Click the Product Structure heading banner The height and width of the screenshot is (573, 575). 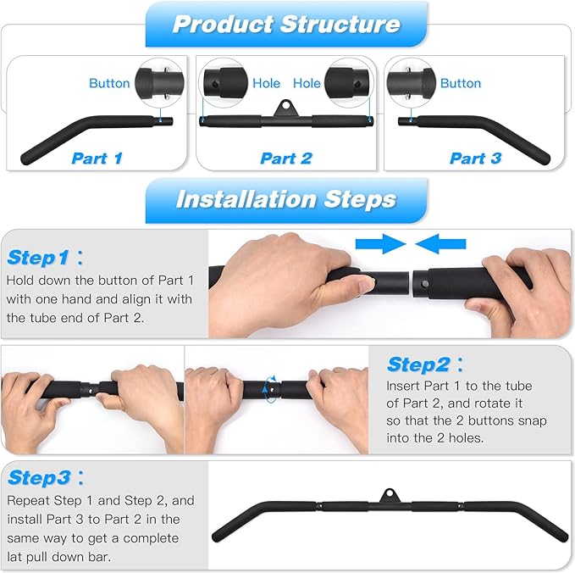point(286,25)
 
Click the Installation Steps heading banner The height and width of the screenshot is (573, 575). point(286,200)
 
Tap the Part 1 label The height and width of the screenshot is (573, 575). point(97,159)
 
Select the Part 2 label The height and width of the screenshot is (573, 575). point(286,159)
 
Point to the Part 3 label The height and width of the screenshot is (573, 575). point(475,159)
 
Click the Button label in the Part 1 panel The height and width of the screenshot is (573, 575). point(109,83)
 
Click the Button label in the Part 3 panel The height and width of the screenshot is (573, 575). point(460,83)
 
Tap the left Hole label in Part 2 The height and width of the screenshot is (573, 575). point(266,83)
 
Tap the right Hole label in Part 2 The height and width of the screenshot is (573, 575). point(307,83)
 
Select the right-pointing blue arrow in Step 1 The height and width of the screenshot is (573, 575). point(380,244)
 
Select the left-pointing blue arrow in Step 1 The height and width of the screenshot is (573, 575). point(440,244)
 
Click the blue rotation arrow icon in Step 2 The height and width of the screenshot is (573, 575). point(270,389)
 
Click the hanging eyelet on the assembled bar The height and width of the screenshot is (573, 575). point(389,496)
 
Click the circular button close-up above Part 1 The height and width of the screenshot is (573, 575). point(159,83)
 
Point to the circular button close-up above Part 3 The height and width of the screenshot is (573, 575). point(412,83)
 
